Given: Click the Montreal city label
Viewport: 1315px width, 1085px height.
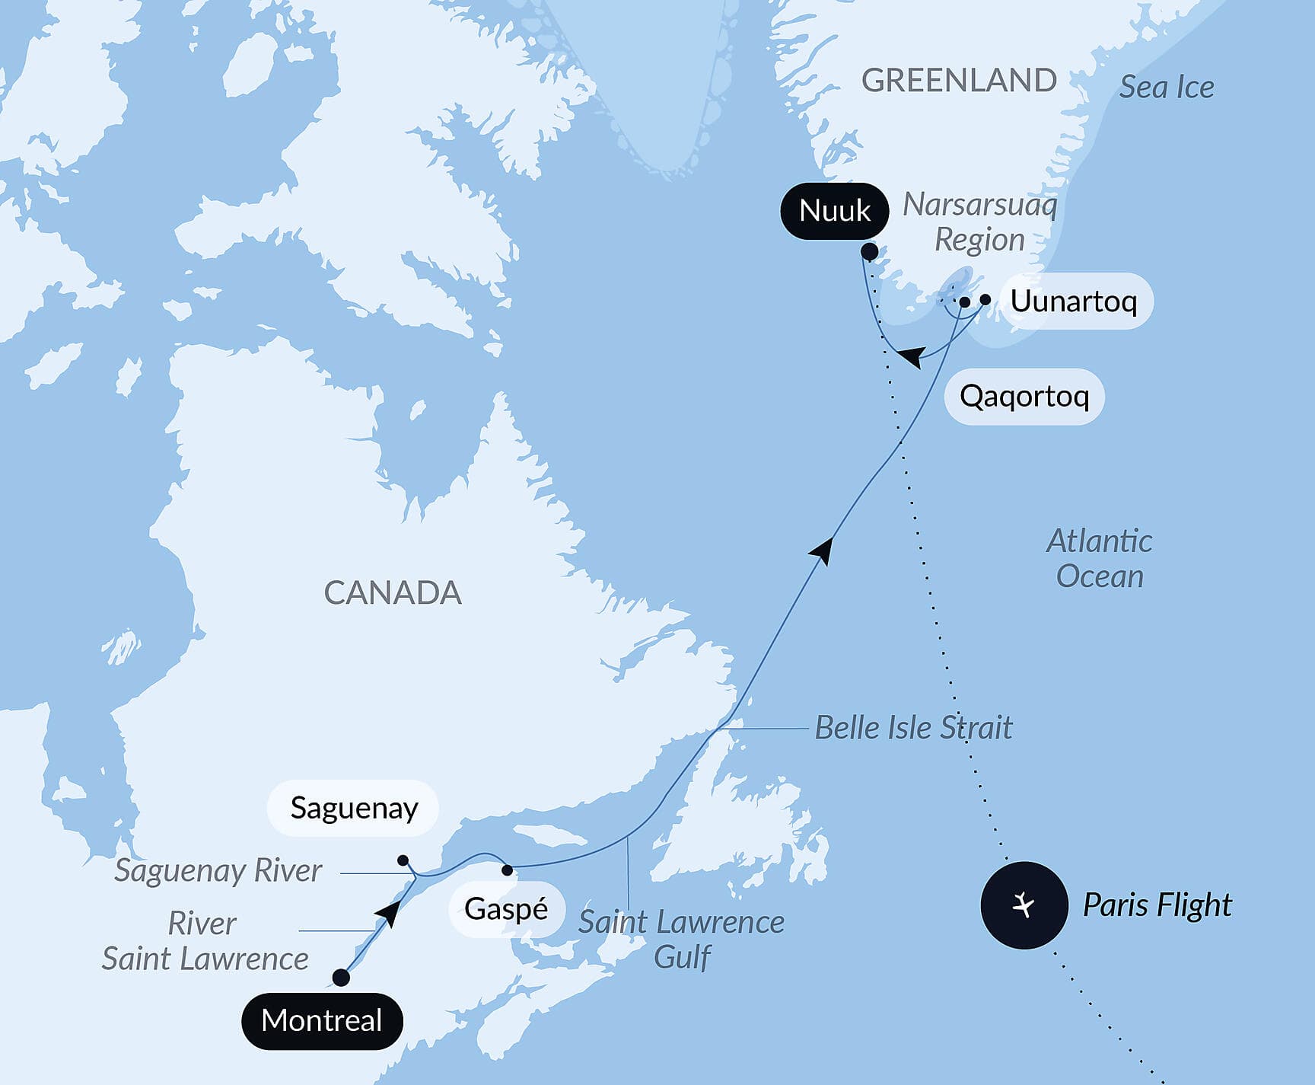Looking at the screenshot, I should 322,1021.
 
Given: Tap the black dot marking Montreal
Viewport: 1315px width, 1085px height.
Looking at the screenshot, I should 341,978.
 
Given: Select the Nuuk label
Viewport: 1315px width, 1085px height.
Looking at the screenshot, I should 835,211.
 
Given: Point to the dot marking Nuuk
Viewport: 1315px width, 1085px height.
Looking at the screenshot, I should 870,251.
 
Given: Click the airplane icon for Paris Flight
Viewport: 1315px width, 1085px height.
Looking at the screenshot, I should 1024,905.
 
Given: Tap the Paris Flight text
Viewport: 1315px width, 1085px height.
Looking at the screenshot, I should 1157,905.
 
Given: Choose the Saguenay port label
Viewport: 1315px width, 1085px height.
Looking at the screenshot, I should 354,808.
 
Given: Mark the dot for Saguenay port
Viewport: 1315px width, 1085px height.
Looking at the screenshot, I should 403,860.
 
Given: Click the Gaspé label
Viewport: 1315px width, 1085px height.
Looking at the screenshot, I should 506,909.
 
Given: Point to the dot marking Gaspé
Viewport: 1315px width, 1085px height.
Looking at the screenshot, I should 508,870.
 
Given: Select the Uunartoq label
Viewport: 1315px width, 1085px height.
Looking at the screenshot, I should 1073,302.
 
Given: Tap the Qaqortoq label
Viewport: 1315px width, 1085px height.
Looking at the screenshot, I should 1024,396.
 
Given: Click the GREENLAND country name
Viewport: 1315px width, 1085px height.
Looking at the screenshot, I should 959,81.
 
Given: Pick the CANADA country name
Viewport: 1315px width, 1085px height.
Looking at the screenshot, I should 393,593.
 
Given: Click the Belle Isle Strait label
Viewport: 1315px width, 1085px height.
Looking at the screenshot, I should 913,728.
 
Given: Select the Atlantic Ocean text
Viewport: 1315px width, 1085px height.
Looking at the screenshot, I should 1100,559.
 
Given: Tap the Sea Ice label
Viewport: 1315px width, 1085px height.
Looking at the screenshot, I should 1167,88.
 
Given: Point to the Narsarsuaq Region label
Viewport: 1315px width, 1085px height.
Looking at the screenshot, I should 980,222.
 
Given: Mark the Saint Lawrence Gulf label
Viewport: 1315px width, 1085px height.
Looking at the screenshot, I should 682,939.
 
